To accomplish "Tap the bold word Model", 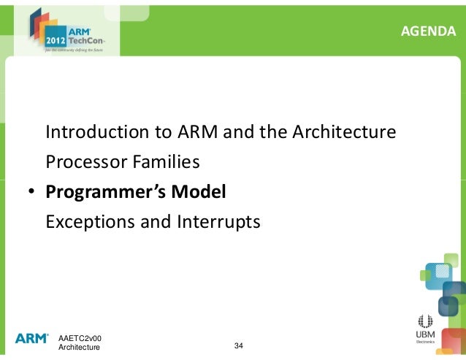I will (x=199, y=193).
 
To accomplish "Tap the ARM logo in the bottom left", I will (x=31, y=339).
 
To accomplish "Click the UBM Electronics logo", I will (x=425, y=327).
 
